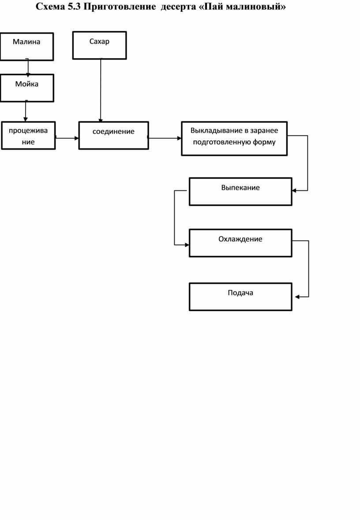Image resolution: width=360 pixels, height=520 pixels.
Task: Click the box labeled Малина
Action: [26, 46]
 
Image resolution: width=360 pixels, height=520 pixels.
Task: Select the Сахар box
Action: [99, 45]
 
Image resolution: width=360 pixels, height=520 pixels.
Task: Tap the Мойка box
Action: [27, 88]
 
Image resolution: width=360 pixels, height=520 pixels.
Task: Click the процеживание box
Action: [28, 136]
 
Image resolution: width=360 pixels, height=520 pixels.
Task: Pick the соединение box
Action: [113, 136]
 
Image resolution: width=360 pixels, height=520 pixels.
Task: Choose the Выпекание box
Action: [240, 191]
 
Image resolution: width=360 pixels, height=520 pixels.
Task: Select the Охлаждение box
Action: [240, 243]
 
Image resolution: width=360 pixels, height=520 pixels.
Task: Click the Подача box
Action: [240, 297]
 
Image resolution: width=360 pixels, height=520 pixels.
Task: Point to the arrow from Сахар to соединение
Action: [101, 90]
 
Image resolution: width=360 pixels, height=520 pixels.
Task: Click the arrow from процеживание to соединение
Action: [67, 138]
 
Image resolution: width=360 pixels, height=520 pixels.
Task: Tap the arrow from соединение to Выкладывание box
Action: [165, 138]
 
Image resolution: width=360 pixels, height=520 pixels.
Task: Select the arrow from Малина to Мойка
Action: [27, 68]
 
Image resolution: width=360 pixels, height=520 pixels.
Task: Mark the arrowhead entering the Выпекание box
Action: [294, 190]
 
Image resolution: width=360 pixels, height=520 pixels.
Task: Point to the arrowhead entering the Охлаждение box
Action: [187, 245]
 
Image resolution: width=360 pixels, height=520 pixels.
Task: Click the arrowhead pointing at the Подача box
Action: [297, 297]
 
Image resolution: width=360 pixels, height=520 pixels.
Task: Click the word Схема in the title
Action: [50, 7]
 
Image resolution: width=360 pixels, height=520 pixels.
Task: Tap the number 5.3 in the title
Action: [74, 7]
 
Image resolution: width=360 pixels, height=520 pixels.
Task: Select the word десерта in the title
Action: [178, 7]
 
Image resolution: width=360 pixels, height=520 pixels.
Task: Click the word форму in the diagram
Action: [264, 143]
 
